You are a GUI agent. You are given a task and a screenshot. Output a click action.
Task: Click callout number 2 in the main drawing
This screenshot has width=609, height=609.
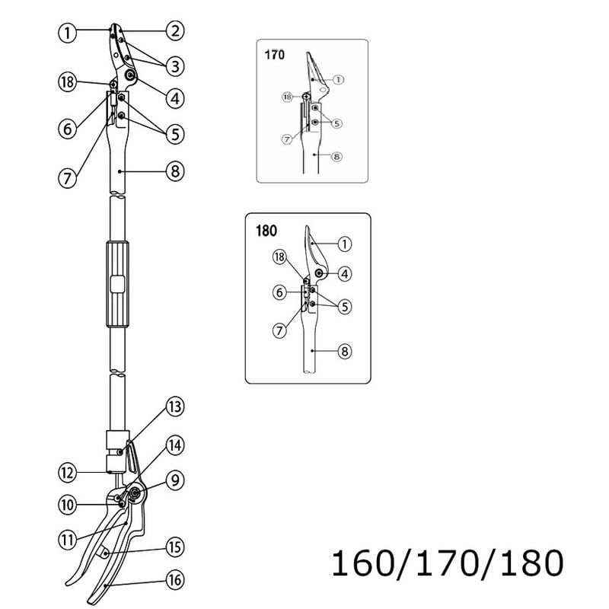[x=175, y=31]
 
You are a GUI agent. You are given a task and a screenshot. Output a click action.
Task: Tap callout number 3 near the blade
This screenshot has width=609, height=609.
[x=175, y=65]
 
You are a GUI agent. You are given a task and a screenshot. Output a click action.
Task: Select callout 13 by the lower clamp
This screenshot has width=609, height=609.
[x=176, y=407]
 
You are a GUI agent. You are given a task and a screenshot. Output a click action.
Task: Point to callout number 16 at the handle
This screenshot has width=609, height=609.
[x=176, y=581]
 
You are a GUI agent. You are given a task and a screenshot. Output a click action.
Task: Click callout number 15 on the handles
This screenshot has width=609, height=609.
[x=176, y=546]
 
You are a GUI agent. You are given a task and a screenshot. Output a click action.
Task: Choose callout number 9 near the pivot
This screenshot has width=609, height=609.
[x=176, y=480]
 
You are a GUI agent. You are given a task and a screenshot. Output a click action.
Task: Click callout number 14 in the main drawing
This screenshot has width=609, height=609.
[x=176, y=445]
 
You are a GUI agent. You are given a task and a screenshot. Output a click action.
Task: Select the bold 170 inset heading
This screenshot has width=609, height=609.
[x=274, y=55]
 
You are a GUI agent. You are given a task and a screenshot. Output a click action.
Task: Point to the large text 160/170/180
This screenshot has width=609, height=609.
[x=448, y=564]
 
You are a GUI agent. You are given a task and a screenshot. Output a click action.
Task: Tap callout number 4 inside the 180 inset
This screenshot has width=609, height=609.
[x=345, y=273]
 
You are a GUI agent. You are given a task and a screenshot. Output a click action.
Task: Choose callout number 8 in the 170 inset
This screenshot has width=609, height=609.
[x=336, y=158]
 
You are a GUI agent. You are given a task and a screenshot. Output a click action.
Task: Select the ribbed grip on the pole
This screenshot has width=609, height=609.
[x=118, y=284]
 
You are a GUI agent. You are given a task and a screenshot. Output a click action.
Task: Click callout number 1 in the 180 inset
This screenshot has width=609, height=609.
[x=345, y=244]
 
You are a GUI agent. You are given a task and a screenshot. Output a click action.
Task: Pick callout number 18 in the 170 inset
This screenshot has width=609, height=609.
[x=287, y=97]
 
